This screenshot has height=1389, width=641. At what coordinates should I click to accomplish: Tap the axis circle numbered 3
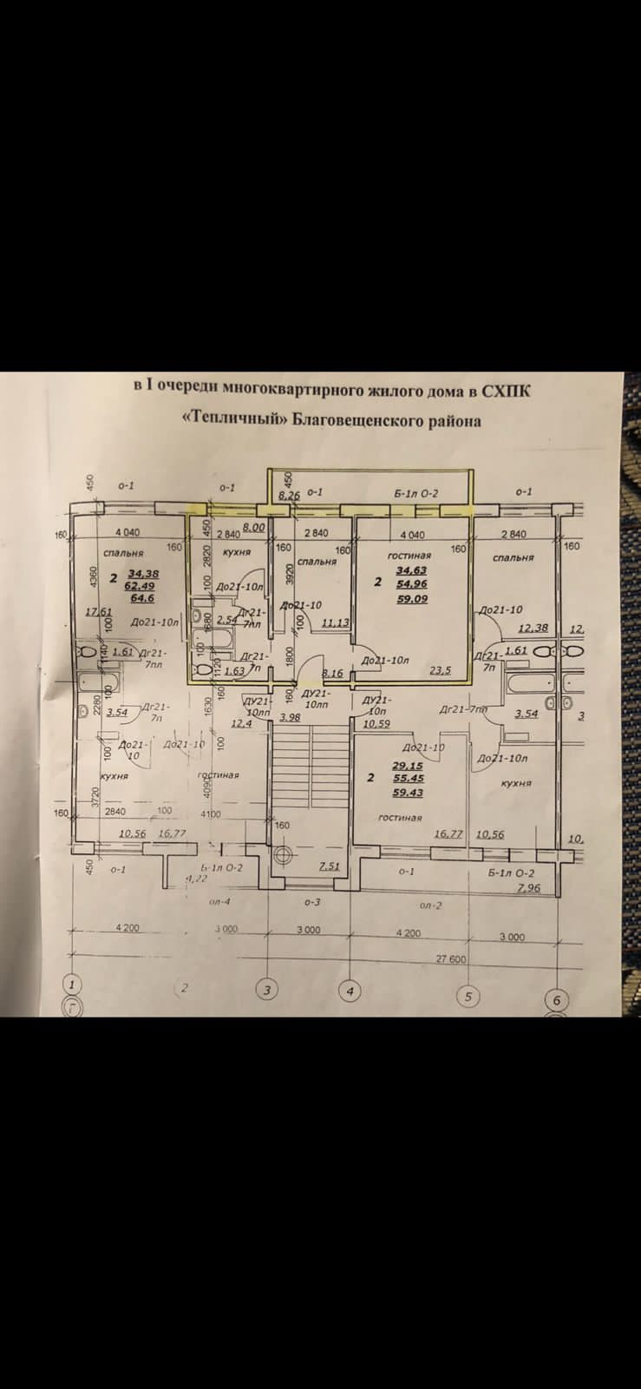point(267,989)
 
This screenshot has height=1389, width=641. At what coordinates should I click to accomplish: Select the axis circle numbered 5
point(468,996)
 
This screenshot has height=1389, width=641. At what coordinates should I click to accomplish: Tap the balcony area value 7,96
point(527,888)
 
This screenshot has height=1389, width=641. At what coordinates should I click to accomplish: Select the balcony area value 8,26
point(288,495)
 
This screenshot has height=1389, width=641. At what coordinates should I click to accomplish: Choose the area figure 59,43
point(408,792)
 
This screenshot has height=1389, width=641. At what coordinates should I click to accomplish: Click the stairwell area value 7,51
point(328,866)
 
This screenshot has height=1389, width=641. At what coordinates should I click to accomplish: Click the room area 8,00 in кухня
point(253,527)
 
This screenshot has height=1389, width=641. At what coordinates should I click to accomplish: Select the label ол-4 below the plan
point(219,902)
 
